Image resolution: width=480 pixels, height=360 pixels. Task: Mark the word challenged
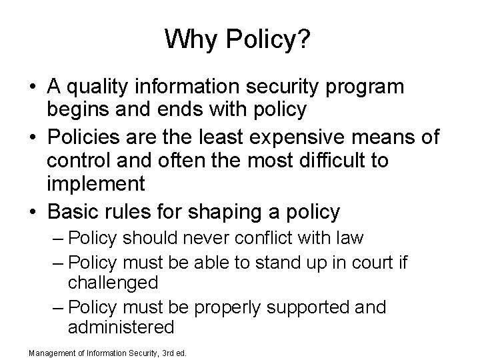point(113,282)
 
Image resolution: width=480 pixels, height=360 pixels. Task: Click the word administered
point(121,327)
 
